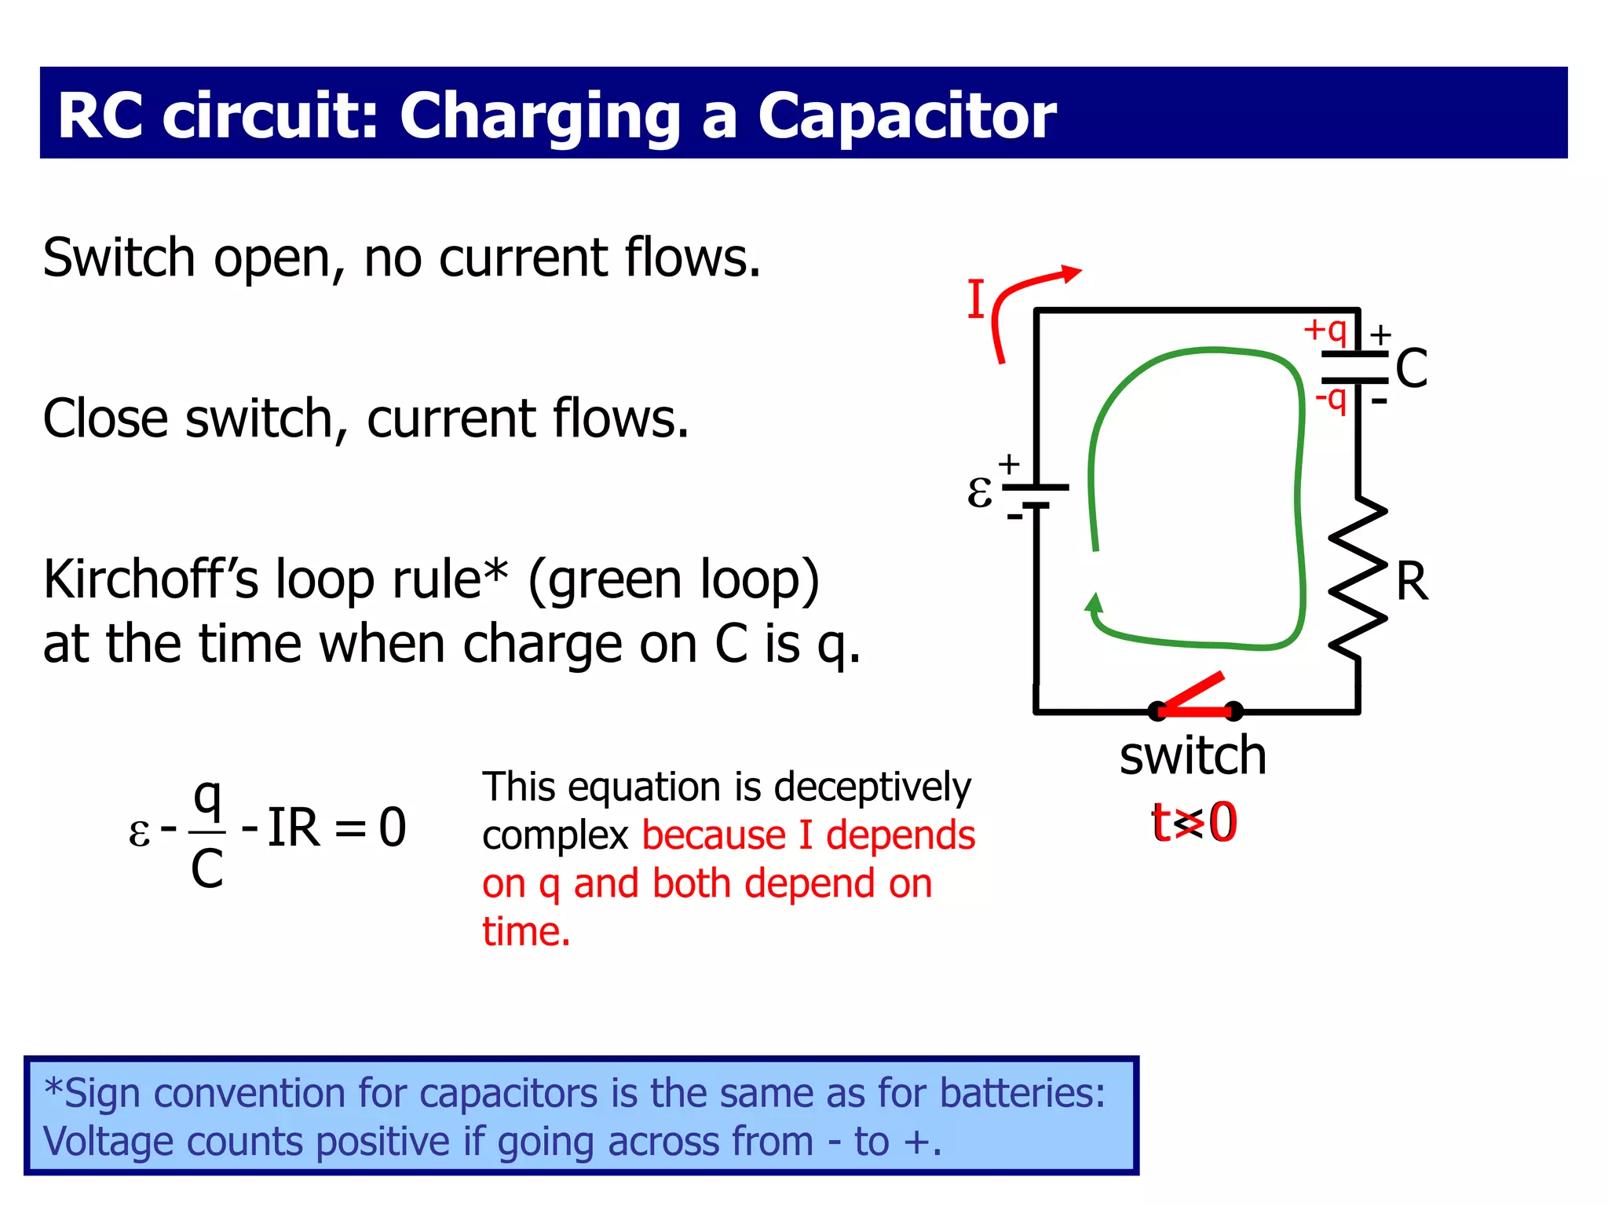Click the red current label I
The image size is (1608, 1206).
point(976,299)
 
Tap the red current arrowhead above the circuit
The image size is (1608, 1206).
point(1071,273)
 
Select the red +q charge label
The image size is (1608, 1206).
point(1325,330)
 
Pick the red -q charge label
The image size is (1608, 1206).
point(1332,400)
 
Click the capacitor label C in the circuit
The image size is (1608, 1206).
point(1411,367)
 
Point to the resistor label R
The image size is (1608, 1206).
point(1412,583)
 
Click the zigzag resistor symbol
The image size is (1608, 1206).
point(1358,577)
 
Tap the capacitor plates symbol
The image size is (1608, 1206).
point(1356,367)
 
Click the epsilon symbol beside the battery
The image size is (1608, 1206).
point(979,492)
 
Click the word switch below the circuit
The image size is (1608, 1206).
point(1193,756)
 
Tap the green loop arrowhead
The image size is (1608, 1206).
point(1094,604)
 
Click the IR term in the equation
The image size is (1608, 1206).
point(294,828)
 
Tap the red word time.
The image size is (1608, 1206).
point(525,932)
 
